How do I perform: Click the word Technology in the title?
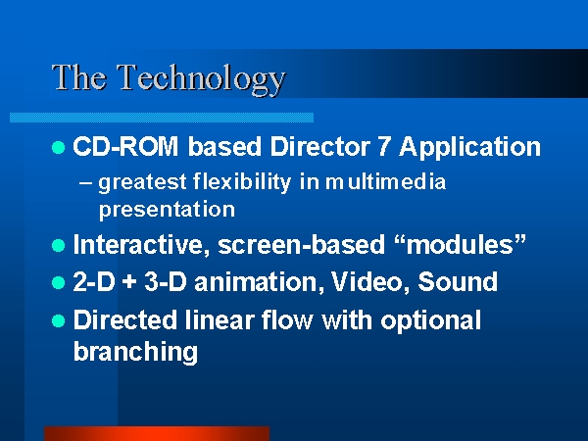[202, 79]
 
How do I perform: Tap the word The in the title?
[79, 76]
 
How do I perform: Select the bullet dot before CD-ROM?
[59, 147]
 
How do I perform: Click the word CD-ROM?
[125, 146]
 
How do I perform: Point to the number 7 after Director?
[383, 146]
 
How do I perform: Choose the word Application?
[469, 148]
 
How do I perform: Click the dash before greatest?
[85, 183]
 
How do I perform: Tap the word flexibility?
[242, 182]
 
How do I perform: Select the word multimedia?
[385, 182]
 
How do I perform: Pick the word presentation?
[167, 210]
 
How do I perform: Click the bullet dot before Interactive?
[59, 246]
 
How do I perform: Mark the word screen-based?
[301, 245]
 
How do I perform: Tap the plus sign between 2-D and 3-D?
[129, 282]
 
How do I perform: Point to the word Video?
[370, 282]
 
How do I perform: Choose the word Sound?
[458, 281]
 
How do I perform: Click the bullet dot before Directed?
[59, 321]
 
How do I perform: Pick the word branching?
[135, 352]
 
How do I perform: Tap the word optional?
[430, 321]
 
